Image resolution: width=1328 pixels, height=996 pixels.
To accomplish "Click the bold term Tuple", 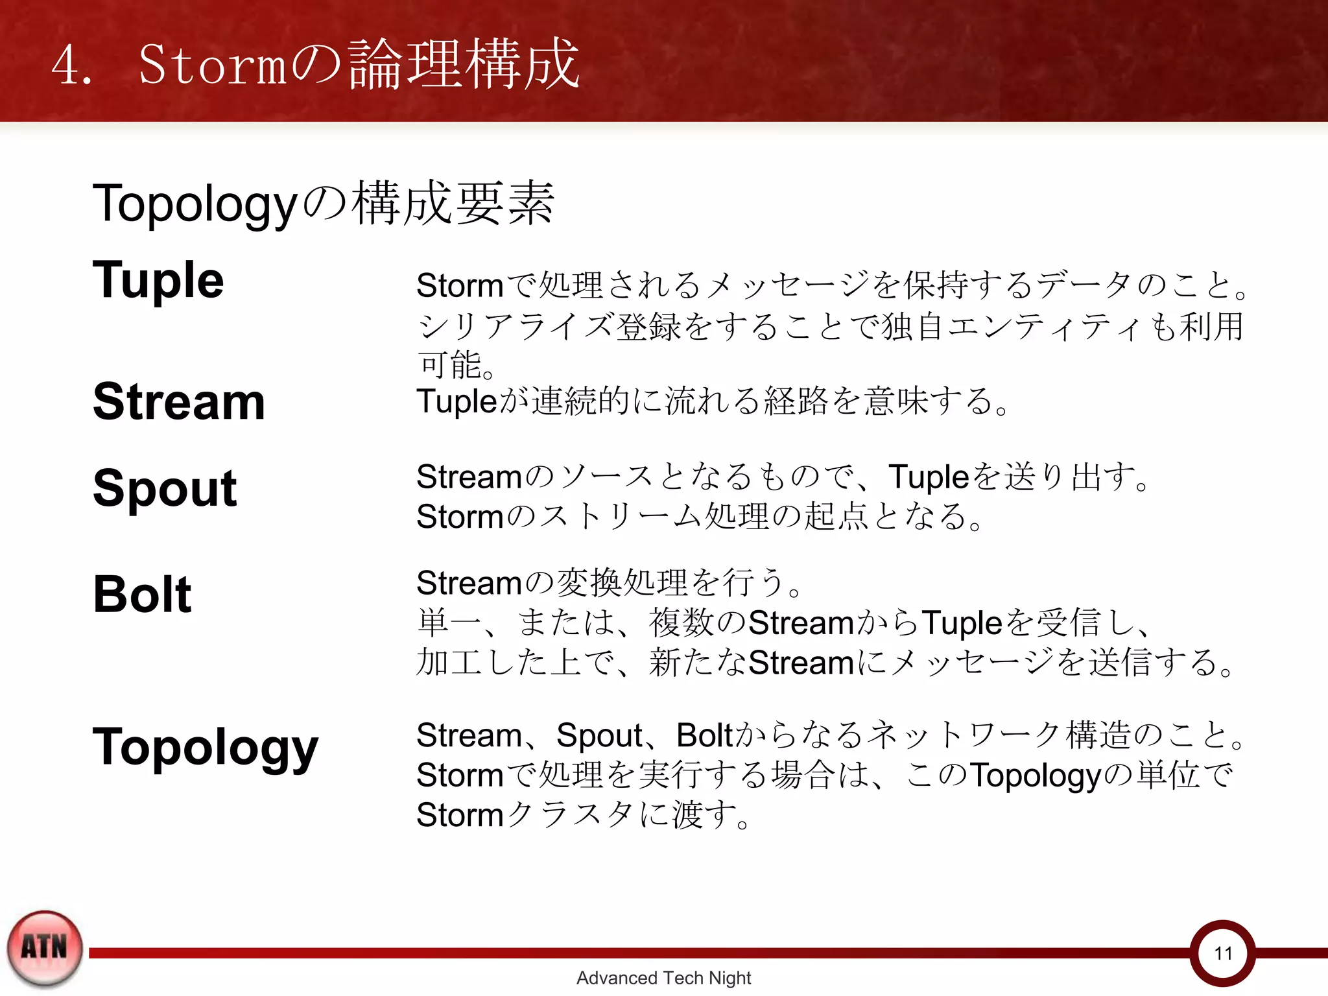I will click(158, 280).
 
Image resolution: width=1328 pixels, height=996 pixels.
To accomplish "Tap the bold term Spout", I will click(165, 488).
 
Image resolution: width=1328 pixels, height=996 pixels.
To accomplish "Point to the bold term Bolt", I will click(142, 594).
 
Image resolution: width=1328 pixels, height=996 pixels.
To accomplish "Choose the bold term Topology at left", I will click(206, 748).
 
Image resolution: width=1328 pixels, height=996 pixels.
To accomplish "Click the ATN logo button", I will click(44, 947).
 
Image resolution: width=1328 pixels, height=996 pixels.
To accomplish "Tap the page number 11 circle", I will click(1223, 953).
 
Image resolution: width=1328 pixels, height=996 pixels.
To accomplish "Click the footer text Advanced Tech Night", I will click(663, 977).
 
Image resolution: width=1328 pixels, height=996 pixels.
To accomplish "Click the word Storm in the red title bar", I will click(212, 65).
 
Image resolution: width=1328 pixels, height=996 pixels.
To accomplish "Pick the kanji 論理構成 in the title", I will click(463, 64).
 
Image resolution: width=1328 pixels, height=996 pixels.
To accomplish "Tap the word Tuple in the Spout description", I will click(928, 477).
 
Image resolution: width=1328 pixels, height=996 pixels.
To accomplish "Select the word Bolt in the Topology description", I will click(704, 735).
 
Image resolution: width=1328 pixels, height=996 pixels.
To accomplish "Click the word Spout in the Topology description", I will click(599, 735).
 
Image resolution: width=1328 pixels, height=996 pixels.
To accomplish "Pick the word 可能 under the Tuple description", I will click(450, 364).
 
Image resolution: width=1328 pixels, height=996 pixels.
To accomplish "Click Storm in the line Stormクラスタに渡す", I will click(460, 815).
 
